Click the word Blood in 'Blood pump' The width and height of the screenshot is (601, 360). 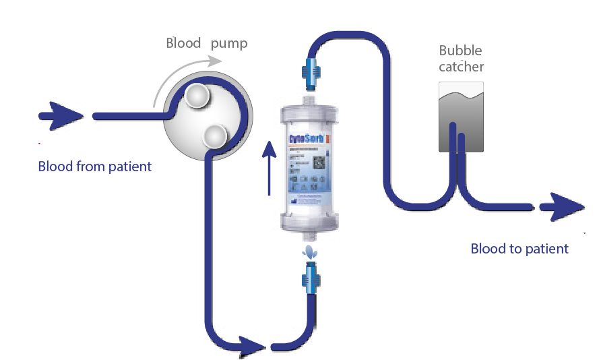[183, 43]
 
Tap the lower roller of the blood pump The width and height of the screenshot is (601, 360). [215, 136]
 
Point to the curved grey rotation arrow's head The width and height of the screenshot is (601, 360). [216, 61]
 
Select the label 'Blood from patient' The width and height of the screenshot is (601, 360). [95, 166]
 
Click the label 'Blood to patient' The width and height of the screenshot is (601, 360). [519, 249]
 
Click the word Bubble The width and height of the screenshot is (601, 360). [461, 50]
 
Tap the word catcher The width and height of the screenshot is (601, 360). [461, 66]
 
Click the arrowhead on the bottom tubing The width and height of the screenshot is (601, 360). [253, 346]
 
